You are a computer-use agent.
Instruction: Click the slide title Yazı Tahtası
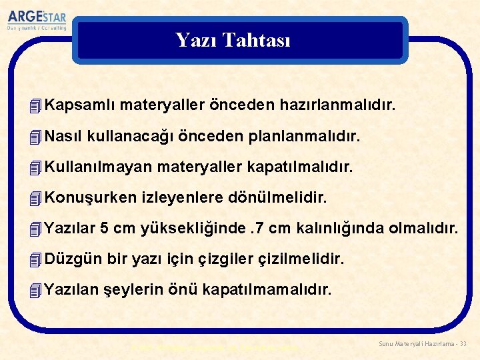(x=233, y=40)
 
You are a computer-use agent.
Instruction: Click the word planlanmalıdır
(x=303, y=137)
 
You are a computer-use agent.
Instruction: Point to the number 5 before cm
(x=104, y=229)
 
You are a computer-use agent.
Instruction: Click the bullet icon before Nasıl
(x=37, y=137)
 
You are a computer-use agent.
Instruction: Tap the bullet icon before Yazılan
(x=37, y=290)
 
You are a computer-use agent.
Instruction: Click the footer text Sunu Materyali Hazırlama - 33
(x=423, y=343)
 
